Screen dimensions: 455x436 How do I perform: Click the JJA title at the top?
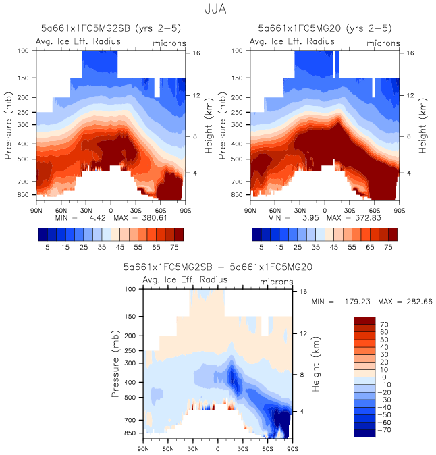tap(217, 10)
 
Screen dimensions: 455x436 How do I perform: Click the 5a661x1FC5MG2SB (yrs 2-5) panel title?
tap(111, 29)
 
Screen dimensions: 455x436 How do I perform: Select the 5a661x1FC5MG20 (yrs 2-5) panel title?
tap(325, 29)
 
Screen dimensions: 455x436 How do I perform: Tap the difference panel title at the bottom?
tap(218, 267)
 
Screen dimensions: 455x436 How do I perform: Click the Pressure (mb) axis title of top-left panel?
tap(9, 127)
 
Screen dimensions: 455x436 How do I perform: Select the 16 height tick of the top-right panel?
tap(410, 52)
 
